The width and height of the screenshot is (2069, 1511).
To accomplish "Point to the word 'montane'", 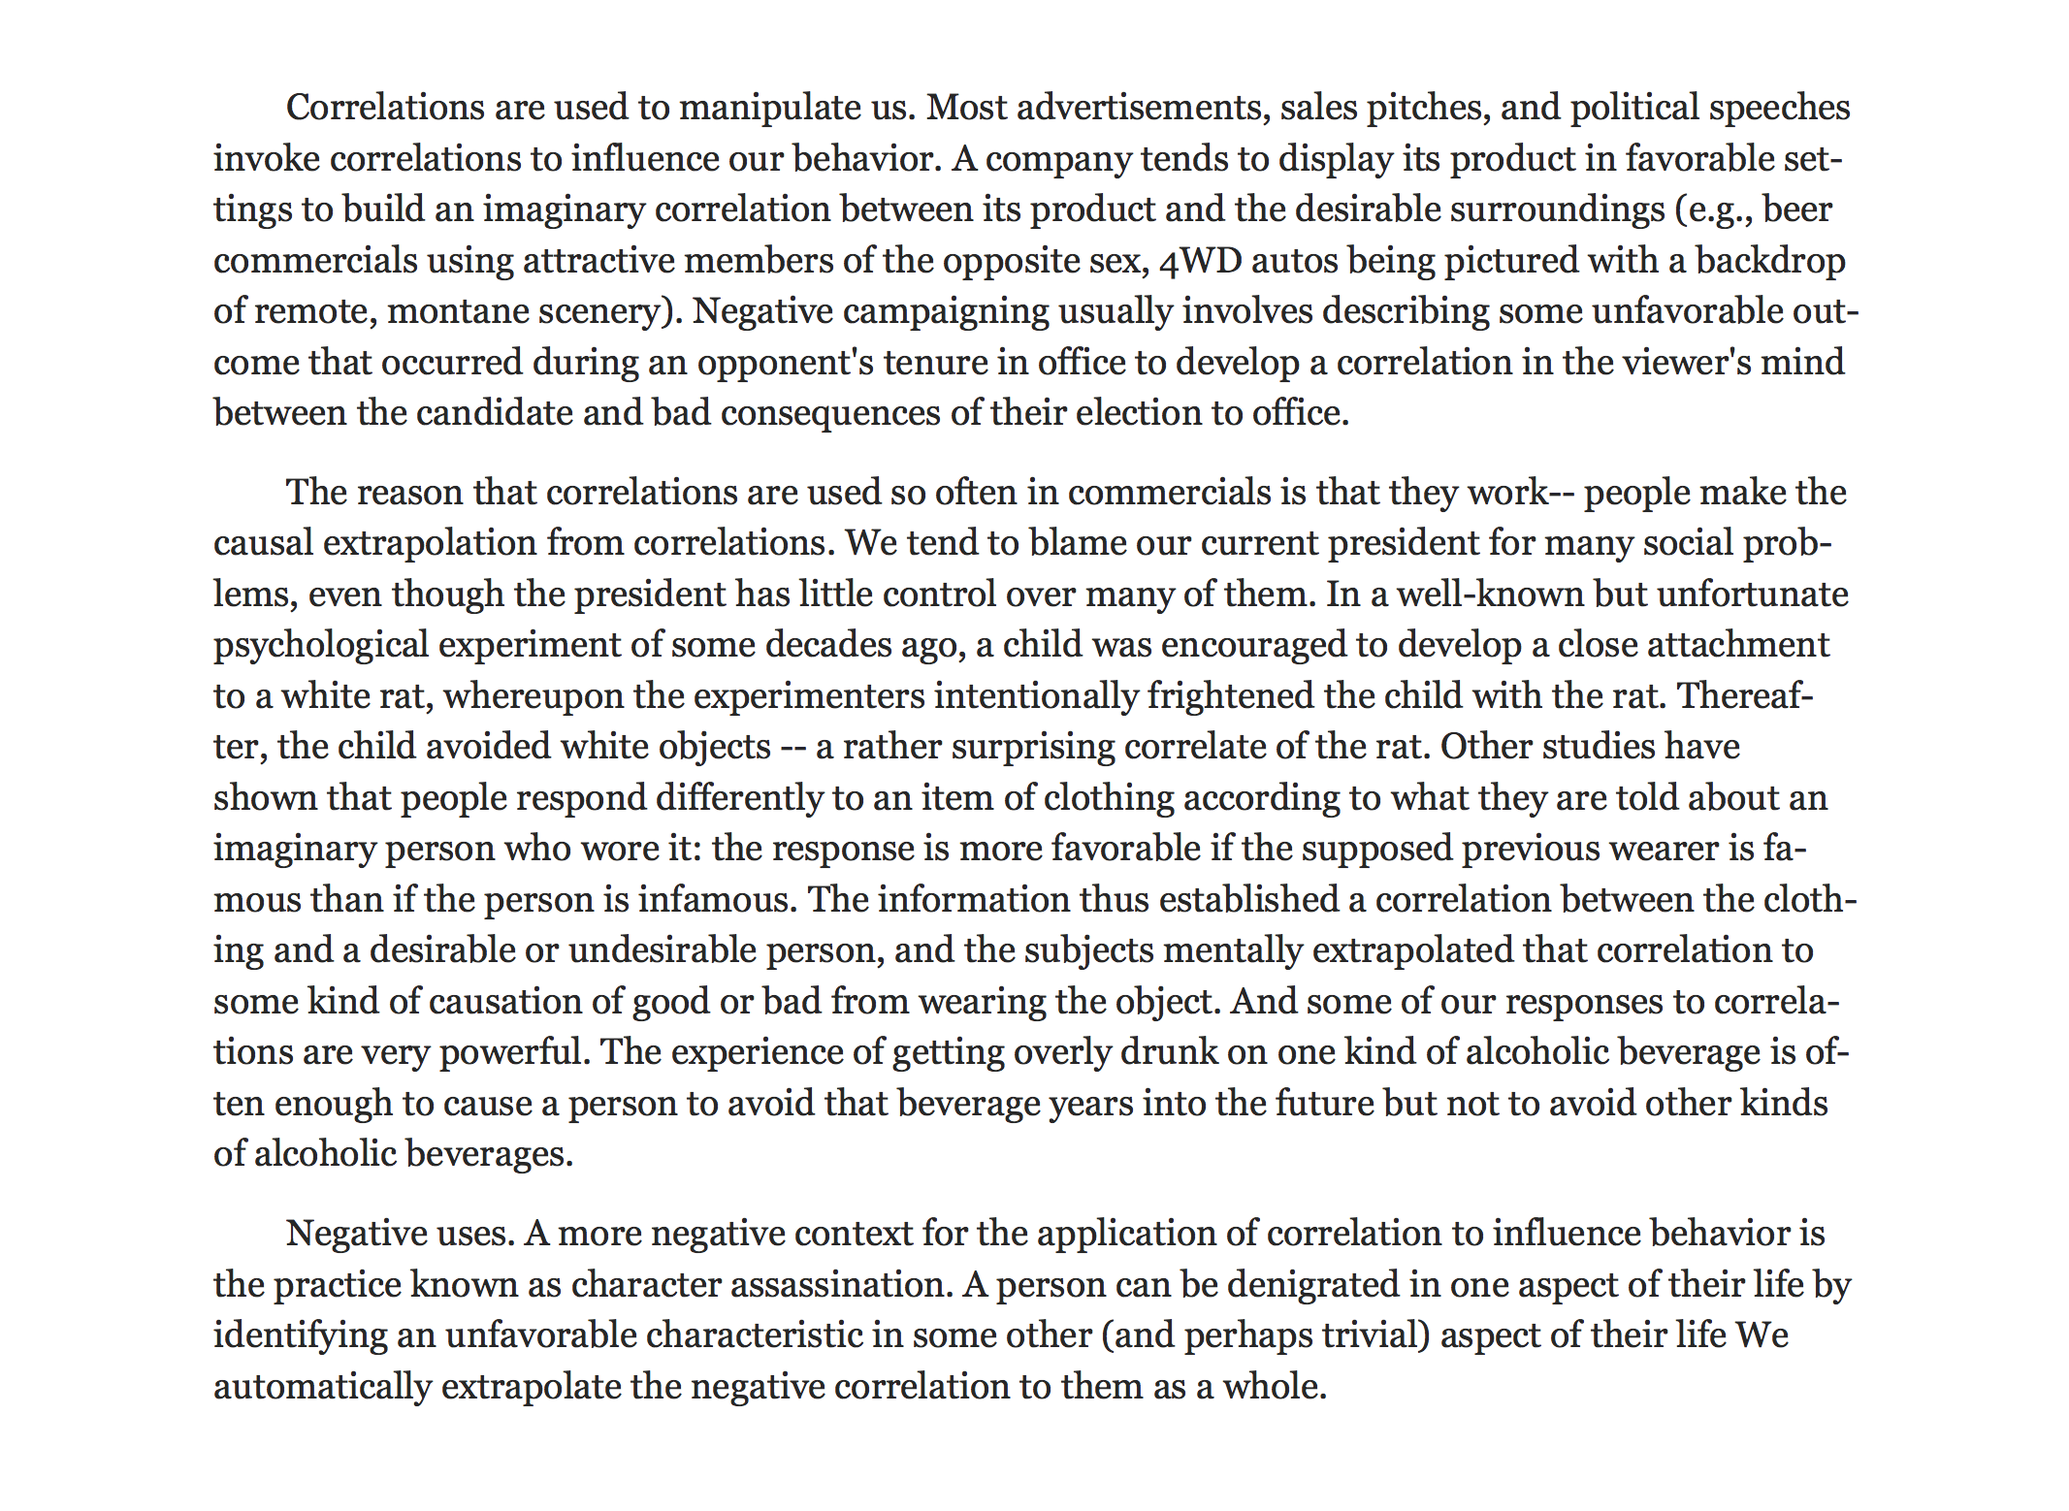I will pyautogui.click(x=455, y=311).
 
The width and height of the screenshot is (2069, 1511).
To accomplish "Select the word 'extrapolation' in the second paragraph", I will pyautogui.click(x=430, y=543).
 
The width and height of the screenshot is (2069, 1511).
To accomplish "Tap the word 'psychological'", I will pyautogui.click(x=320, y=646).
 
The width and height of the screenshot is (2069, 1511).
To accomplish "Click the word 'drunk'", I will pyautogui.click(x=1168, y=1052).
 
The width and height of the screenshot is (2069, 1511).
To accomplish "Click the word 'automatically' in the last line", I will pyautogui.click(x=322, y=1387).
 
